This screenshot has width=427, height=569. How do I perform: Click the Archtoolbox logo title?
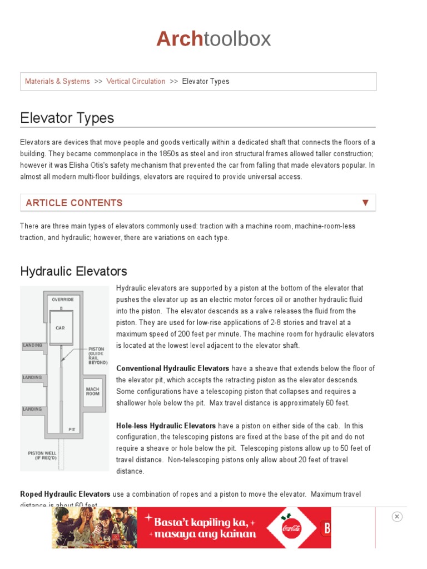[x=213, y=39]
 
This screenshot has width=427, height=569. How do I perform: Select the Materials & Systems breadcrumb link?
[x=57, y=82]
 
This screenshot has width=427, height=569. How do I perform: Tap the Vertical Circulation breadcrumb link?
[x=136, y=82]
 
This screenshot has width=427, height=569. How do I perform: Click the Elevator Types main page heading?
[x=67, y=118]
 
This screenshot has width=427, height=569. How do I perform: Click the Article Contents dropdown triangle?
[x=365, y=203]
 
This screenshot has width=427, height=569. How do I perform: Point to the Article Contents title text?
[x=74, y=203]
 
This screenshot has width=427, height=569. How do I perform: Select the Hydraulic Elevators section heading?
[x=73, y=271]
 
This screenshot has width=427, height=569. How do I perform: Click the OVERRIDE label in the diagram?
[x=63, y=300]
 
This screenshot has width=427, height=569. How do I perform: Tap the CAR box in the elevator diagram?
[x=60, y=328]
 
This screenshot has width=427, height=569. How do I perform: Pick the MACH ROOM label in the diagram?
[x=92, y=391]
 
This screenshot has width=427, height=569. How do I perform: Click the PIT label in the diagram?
[x=72, y=429]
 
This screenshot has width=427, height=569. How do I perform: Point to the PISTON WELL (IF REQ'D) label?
[x=42, y=456]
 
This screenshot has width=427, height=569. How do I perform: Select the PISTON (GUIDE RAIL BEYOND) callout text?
[x=97, y=356]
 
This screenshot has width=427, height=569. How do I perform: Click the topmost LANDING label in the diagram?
[x=32, y=345]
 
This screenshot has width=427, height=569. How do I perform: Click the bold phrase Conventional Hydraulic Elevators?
[x=172, y=368]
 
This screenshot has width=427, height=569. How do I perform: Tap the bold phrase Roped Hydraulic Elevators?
[x=65, y=494]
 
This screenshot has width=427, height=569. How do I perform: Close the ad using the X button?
[x=396, y=517]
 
